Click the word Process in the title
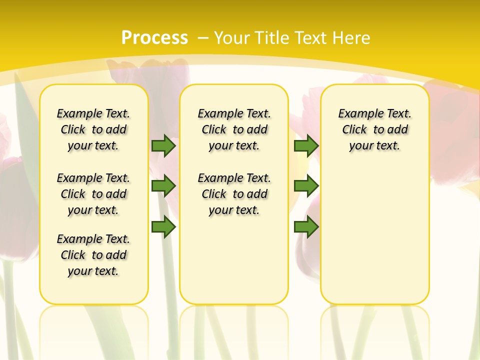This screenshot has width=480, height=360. [x=154, y=38]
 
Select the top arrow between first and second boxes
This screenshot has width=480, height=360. [x=163, y=145]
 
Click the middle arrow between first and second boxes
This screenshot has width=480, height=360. [x=163, y=186]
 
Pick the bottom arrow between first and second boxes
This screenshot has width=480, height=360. [x=163, y=226]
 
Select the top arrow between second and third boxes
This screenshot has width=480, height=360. [x=306, y=145]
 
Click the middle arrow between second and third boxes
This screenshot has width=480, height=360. [x=306, y=186]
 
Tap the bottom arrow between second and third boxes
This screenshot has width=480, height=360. [x=306, y=226]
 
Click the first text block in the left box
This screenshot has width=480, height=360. [x=93, y=129]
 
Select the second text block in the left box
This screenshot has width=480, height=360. [x=93, y=194]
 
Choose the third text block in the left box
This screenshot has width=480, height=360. [x=93, y=255]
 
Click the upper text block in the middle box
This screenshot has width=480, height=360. [x=234, y=129]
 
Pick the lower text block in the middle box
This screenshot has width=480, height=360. [x=234, y=194]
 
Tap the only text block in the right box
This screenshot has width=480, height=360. [x=375, y=129]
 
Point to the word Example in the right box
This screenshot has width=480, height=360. [x=358, y=114]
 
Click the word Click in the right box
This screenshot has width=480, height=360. [x=354, y=130]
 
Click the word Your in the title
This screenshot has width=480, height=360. [x=232, y=38]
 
